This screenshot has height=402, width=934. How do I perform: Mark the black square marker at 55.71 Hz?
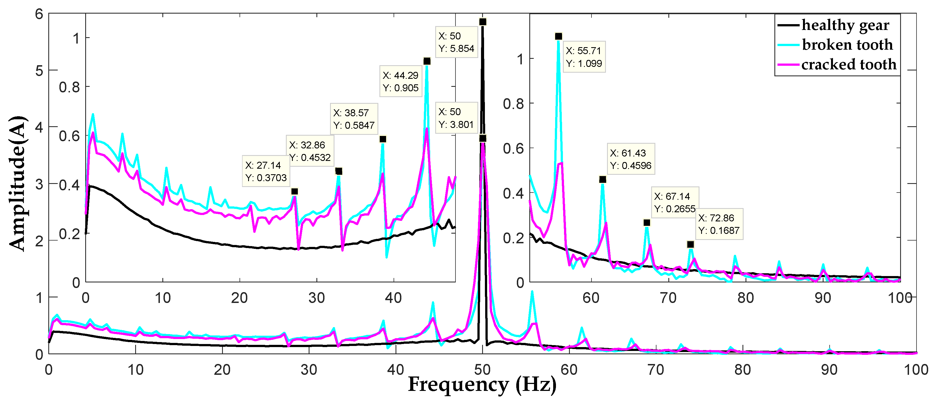(x=558, y=36)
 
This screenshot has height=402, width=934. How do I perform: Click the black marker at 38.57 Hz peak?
(x=382, y=139)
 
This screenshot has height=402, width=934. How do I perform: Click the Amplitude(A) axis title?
(x=17, y=183)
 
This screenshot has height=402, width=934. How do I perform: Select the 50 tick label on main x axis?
(x=482, y=370)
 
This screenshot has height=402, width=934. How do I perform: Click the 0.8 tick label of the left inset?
(x=69, y=87)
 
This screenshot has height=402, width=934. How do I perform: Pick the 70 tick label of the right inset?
(x=668, y=298)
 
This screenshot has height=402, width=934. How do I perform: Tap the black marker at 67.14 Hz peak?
(x=647, y=223)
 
